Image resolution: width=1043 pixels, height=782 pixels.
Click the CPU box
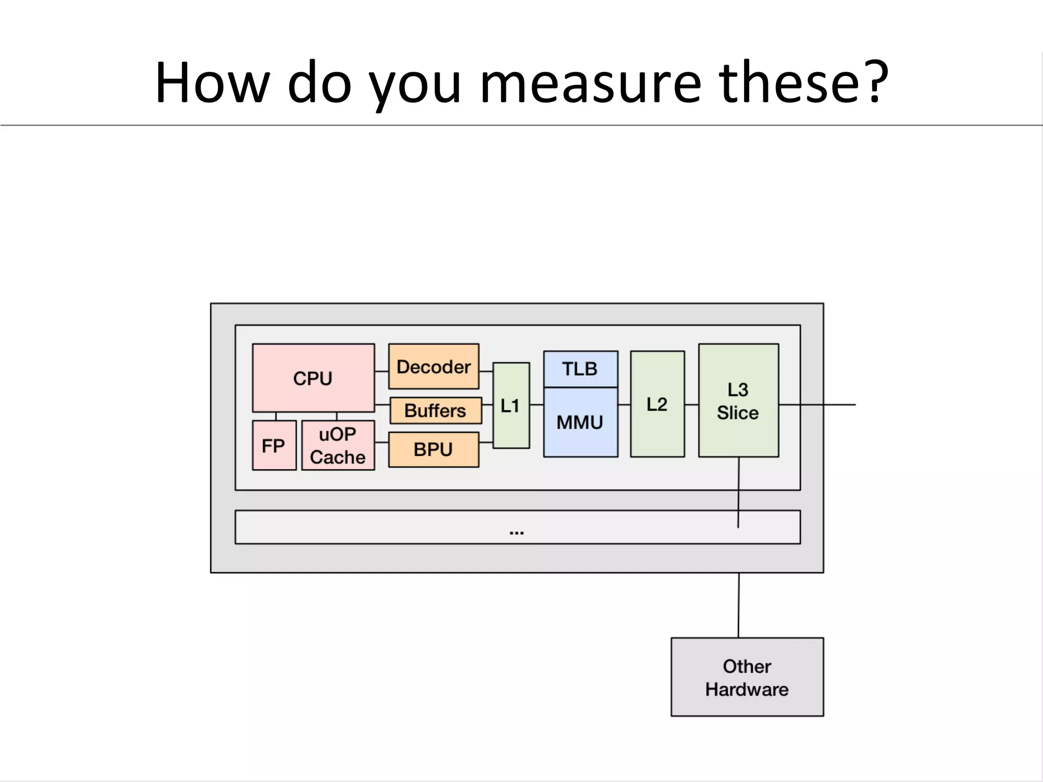[x=313, y=378]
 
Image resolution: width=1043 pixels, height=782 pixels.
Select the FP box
[x=274, y=445]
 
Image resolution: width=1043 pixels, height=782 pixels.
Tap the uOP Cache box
[x=338, y=445]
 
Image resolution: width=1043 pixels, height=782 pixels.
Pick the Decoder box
[x=433, y=367]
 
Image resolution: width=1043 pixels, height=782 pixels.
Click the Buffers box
[x=435, y=410]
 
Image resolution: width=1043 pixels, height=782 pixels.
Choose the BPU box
[x=433, y=450]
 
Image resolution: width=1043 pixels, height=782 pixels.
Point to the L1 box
[x=511, y=405]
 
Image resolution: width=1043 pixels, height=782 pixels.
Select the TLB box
[x=580, y=369]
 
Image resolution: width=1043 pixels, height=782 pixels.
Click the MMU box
[x=580, y=422]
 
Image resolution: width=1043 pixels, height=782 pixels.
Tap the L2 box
[x=657, y=404]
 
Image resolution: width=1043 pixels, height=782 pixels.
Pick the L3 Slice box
[x=738, y=401]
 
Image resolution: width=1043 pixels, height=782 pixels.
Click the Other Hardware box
[x=747, y=677]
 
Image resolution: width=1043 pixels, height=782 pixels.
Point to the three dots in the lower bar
[x=516, y=532]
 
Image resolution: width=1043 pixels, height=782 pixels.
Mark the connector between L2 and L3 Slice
[x=692, y=405]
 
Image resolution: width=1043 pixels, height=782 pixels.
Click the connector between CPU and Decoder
[x=381, y=372]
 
